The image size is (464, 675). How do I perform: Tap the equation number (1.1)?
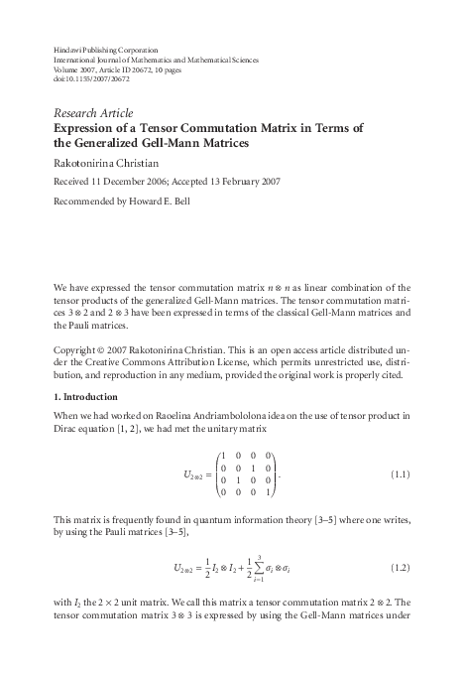coord(395,476)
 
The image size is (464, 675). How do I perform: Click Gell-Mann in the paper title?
coord(177,144)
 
